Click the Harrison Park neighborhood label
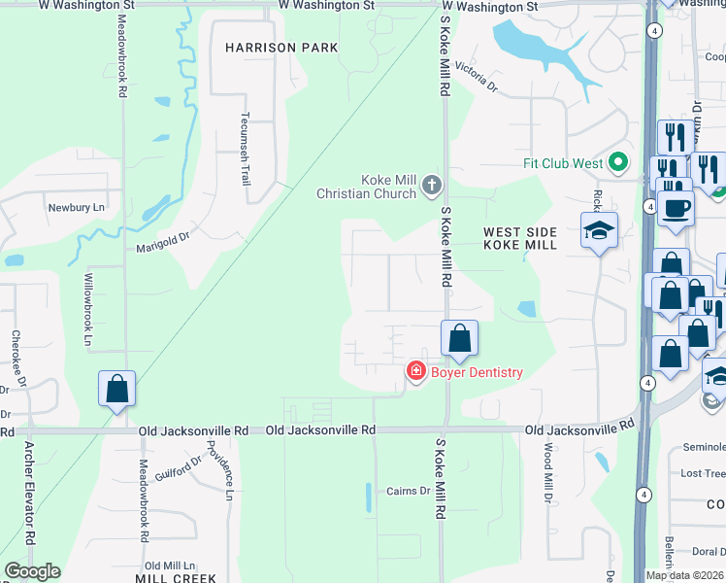pos(281,47)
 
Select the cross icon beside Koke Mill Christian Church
pos(432,184)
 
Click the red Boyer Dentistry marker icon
pos(415,371)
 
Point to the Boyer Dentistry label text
pos(477,372)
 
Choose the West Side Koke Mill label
pos(520,238)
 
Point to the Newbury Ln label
pos(76,208)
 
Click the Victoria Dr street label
pos(476,81)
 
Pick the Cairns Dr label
pos(408,491)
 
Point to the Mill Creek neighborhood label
pos(176,577)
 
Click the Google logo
pos(31,571)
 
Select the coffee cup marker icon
pos(675,206)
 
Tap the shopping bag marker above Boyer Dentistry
pos(460,338)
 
